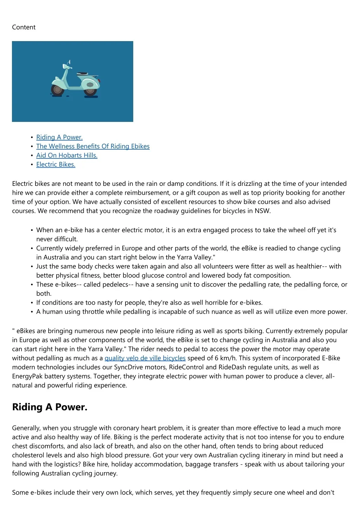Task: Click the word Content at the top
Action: pos(24,27)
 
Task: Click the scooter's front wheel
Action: pos(57,90)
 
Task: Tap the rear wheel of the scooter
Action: pos(90,91)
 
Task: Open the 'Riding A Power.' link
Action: pos(59,137)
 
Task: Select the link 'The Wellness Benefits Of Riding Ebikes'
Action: pos(93,146)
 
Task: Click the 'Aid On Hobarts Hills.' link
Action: pos(67,156)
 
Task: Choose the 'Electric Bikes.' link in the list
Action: pos(56,165)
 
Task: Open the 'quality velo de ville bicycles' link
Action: pos(145,358)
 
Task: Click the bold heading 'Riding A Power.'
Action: pos(50,407)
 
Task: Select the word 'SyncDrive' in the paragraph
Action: pos(129,367)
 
